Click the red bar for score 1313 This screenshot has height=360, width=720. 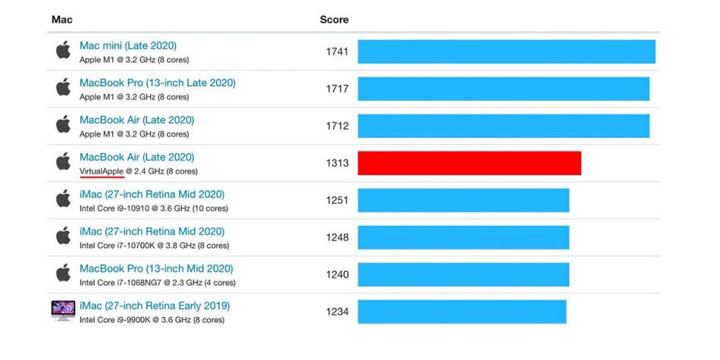click(x=469, y=163)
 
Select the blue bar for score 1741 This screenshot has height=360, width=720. click(x=506, y=52)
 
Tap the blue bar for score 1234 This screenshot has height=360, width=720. click(x=462, y=311)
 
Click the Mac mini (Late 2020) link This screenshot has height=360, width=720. click(x=128, y=46)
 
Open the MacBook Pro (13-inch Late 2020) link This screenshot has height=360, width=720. click(x=158, y=83)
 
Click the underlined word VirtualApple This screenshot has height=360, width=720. click(x=102, y=171)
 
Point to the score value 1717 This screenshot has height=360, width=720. click(x=337, y=89)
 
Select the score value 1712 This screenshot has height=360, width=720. click(x=337, y=126)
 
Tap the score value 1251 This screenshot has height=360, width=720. click(x=337, y=200)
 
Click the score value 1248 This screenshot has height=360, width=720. click(x=337, y=237)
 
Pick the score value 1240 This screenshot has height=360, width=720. click(x=337, y=274)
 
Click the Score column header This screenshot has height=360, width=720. click(x=334, y=20)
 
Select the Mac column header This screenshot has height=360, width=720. click(x=62, y=20)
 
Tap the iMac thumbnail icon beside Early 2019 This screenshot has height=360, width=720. click(x=64, y=310)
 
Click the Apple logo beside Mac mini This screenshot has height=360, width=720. click(x=64, y=49)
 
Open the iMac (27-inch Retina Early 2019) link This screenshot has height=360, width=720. click(x=155, y=306)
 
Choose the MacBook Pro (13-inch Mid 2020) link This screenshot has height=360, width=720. click(x=156, y=268)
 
